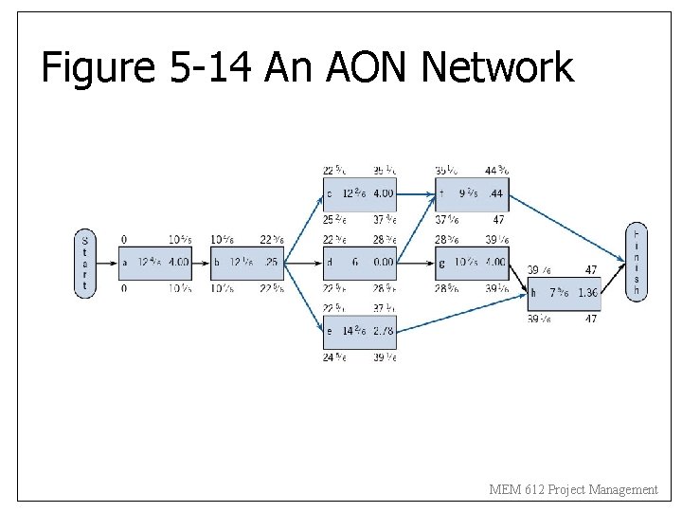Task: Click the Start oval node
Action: tap(85, 262)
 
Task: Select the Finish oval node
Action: tap(636, 262)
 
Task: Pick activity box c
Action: tap(359, 193)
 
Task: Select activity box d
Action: tap(359, 262)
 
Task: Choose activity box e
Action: tap(359, 331)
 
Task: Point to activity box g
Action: tap(471, 262)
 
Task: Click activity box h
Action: tap(564, 293)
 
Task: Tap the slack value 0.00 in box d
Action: tap(383, 263)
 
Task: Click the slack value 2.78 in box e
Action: tap(383, 331)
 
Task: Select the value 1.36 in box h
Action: tap(587, 294)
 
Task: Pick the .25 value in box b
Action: tap(272, 263)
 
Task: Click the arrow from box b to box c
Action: tap(303, 225)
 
